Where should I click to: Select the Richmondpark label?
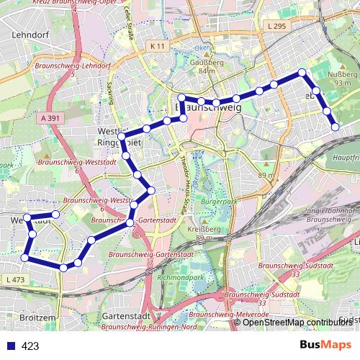(x=186, y=277)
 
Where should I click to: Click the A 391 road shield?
(x=48, y=117)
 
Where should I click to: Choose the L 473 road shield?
(x=14, y=279)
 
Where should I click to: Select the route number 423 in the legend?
(x=30, y=346)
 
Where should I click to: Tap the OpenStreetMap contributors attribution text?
(x=300, y=322)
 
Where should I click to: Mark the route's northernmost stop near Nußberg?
(x=302, y=72)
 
